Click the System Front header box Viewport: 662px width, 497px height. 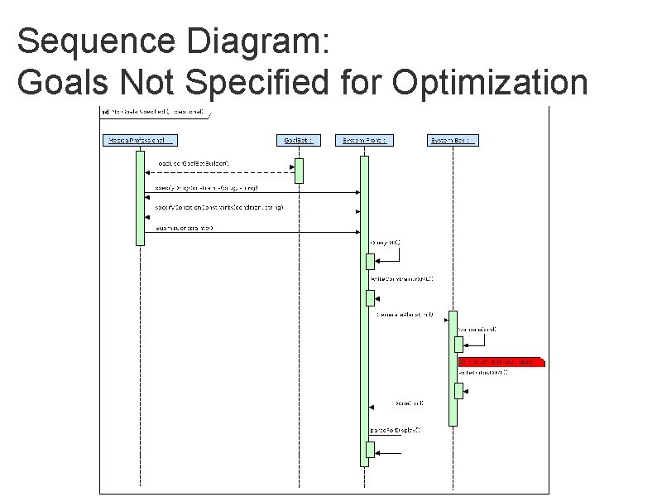(364, 140)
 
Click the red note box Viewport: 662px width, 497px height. (500, 362)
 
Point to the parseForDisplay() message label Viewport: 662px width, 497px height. (395, 430)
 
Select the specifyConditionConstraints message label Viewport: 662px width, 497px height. (219, 206)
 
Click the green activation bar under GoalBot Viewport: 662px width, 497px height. (299, 170)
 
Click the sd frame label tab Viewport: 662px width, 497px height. (153, 112)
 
